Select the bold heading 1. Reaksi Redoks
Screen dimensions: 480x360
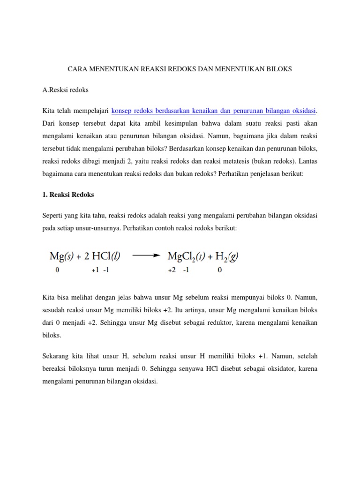68,194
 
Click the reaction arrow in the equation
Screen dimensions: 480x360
147,256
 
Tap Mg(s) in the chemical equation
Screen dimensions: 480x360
60,256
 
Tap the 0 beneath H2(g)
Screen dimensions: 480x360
219,270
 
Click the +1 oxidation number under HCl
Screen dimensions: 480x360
96,270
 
